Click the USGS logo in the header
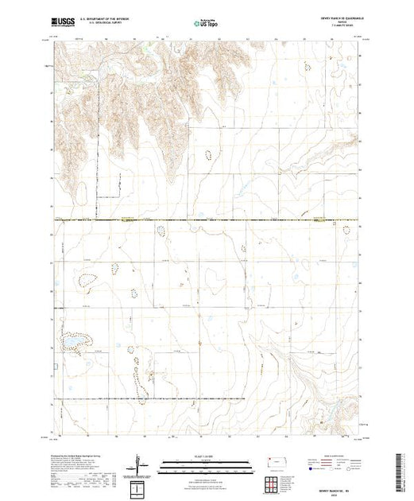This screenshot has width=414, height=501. [x=65, y=25]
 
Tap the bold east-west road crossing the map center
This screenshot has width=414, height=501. [x=207, y=220]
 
